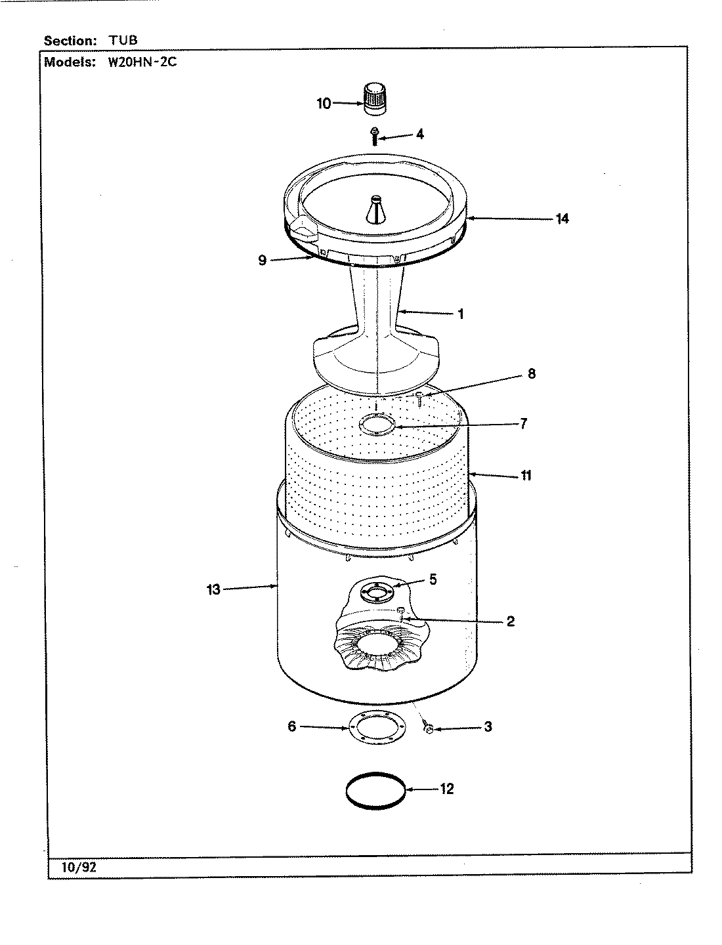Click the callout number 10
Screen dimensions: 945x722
(324, 104)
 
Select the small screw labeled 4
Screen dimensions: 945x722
(374, 136)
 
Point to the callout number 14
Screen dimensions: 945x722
(562, 219)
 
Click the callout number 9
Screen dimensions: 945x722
(263, 261)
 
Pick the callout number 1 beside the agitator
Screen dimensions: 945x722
(461, 314)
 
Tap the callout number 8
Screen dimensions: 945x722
(532, 374)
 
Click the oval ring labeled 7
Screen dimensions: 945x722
(377, 425)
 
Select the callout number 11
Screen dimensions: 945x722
(526, 476)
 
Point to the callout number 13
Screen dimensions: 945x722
(213, 590)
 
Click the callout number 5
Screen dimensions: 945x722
(433, 579)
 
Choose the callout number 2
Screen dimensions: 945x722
(511, 621)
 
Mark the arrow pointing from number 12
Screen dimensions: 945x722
(421, 789)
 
